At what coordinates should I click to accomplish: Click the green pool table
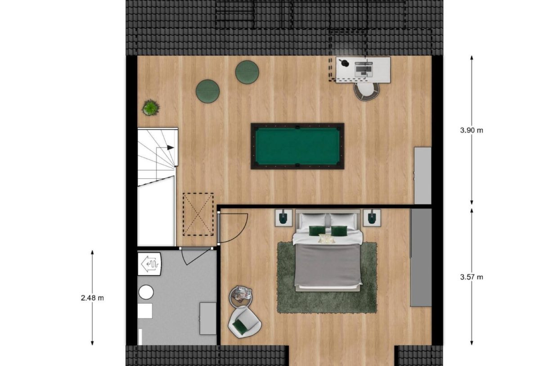297,146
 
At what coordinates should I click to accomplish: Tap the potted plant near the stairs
151,108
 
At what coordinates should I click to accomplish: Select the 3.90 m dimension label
471,131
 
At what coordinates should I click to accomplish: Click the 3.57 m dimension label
471,277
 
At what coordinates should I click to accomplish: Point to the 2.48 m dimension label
92,298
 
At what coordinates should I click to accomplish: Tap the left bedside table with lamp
283,218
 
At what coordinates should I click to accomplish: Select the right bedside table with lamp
372,217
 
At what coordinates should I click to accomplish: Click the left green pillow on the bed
317,230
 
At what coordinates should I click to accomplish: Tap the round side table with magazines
242,294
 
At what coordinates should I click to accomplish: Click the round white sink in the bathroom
146,292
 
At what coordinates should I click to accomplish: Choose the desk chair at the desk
366,91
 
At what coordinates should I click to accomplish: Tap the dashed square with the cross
198,214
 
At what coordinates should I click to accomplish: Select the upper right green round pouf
247,72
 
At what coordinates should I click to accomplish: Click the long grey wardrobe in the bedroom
421,258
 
